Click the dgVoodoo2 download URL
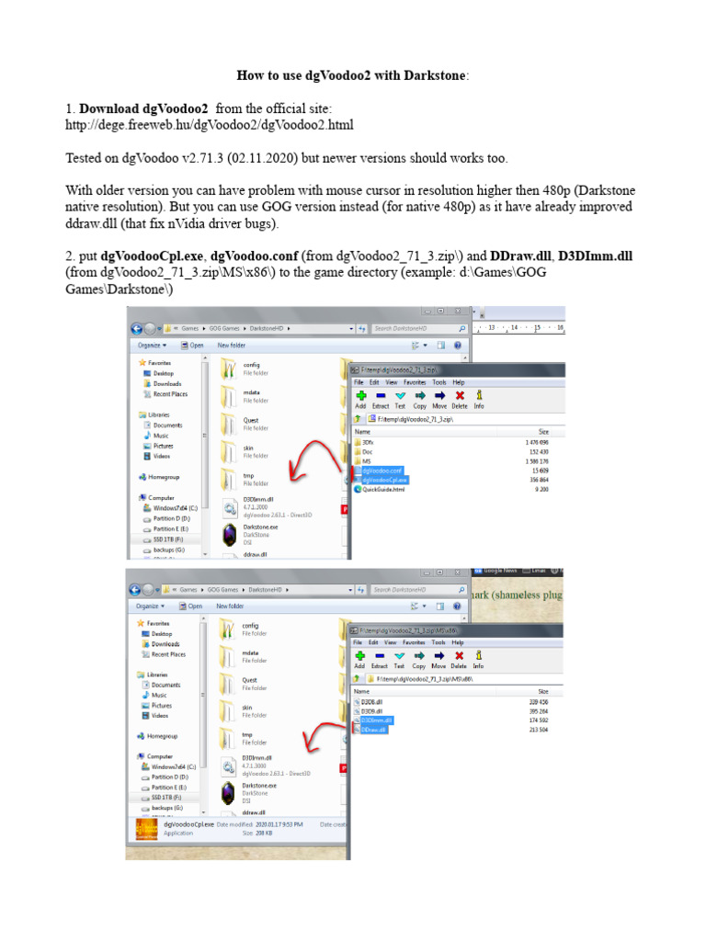209,124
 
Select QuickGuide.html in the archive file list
384,490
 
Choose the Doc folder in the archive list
369,452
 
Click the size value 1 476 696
534,442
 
